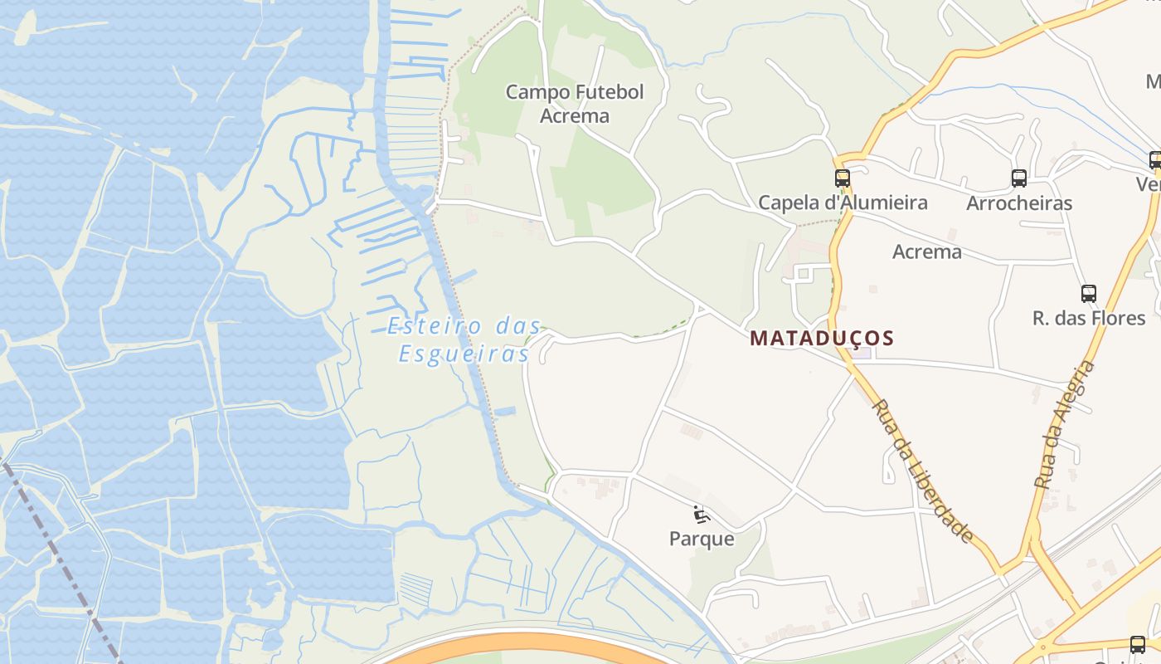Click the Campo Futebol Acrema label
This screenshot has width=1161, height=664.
575,104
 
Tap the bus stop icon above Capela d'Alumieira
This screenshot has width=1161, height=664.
843,178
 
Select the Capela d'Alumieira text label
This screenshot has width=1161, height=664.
843,203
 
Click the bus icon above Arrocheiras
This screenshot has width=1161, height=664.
1019,178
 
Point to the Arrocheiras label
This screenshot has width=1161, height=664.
1019,203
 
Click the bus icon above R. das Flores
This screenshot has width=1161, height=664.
1089,293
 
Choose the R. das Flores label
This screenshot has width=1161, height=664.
1089,318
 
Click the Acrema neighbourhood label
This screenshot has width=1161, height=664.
927,252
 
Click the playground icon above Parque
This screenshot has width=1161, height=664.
702,515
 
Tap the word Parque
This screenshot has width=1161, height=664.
702,539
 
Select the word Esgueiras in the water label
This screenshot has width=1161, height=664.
464,354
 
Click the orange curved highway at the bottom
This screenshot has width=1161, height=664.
531,643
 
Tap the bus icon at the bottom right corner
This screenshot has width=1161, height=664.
1138,644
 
